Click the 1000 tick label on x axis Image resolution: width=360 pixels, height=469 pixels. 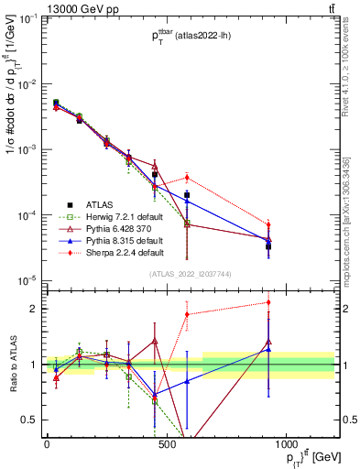[x=286, y=443]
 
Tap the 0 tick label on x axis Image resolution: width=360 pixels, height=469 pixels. [x=47, y=443]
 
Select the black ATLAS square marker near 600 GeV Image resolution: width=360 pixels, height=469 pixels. [x=187, y=195]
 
